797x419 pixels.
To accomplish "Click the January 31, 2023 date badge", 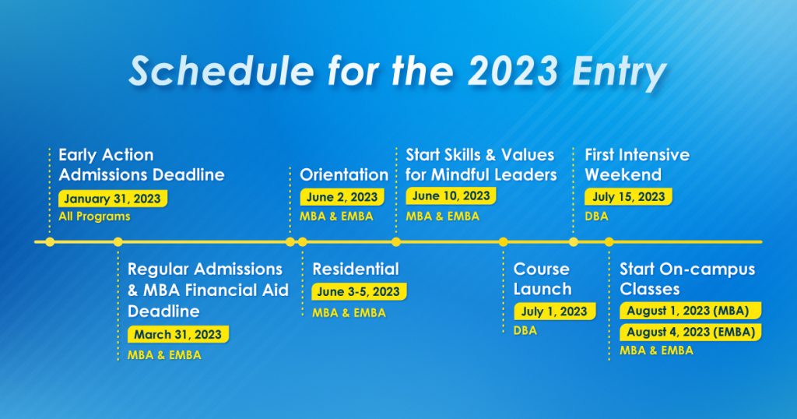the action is click(x=113, y=199).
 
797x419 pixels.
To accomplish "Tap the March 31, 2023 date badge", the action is click(x=178, y=335).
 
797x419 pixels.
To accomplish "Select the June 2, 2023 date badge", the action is click(x=342, y=197).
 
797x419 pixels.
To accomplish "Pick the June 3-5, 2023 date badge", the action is click(x=359, y=292).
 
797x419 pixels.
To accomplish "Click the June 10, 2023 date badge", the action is click(x=451, y=195).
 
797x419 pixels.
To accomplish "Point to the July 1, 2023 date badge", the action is click(x=554, y=312).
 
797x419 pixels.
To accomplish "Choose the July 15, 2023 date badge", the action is click(x=628, y=197).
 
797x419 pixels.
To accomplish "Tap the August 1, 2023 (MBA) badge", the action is click(x=690, y=311).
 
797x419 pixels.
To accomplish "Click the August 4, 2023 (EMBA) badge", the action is click(x=690, y=332).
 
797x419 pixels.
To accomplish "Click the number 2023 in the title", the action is click(x=514, y=70).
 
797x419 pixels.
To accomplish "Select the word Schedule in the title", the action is click(x=221, y=70).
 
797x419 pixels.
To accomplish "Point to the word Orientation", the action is click(x=344, y=175).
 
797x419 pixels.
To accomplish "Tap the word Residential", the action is click(x=356, y=269).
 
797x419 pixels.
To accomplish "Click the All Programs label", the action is click(x=94, y=217).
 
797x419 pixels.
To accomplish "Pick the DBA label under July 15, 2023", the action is click(x=596, y=217).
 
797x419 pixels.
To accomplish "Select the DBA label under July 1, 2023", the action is click(x=525, y=330).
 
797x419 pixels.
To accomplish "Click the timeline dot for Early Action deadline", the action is click(x=50, y=242).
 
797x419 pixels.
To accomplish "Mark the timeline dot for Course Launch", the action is click(x=504, y=242).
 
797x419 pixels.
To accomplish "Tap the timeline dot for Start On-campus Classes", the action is click(x=609, y=242).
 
